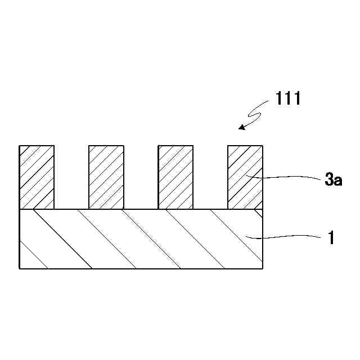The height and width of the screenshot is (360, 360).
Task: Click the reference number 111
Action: [289, 99]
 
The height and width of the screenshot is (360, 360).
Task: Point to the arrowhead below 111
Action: [241, 127]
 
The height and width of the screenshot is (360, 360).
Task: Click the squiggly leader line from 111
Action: [258, 113]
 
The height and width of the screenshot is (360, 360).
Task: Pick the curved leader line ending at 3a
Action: [292, 177]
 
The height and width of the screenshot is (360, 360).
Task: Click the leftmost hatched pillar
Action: [37, 177]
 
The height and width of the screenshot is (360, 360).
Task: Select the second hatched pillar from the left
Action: [106, 177]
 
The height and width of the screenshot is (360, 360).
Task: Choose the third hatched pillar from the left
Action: [175, 177]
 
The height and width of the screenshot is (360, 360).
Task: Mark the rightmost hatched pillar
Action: [245, 177]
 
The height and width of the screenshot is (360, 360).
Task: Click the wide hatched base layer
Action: [141, 239]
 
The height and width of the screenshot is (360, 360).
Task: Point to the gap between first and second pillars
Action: [71, 177]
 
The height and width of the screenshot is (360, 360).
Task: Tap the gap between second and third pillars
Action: [141, 177]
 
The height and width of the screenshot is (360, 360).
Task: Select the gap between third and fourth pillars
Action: [210, 177]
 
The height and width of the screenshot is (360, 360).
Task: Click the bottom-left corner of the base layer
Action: [20, 268]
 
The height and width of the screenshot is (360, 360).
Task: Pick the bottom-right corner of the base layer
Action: [263, 268]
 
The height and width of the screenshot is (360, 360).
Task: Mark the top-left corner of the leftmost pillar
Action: [20, 146]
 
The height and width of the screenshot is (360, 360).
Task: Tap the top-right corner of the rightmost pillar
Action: [263, 146]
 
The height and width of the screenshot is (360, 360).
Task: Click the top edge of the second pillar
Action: [106, 146]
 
